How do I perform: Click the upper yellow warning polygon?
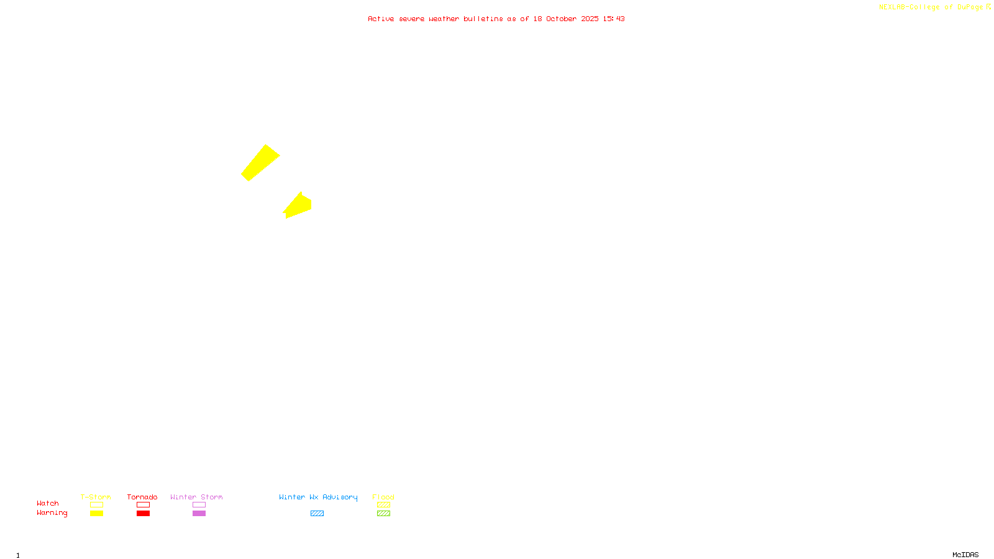tap(260, 163)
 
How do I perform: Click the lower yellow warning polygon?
tap(298, 206)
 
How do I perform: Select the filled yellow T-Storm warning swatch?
tap(96, 514)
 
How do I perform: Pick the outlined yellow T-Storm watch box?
tap(96, 505)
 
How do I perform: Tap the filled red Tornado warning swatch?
tap(144, 514)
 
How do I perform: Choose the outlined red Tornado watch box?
tap(144, 505)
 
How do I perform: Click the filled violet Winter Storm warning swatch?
tap(199, 514)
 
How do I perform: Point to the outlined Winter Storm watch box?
tap(199, 505)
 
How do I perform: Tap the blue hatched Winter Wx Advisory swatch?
tap(317, 514)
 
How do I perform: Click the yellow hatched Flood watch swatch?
tap(383, 505)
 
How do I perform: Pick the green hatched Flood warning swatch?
tap(383, 514)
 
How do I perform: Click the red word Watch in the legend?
tap(48, 504)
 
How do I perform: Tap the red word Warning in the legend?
tap(52, 513)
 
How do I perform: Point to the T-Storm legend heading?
tap(96, 497)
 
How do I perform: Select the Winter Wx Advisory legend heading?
tap(318, 497)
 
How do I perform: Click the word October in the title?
tap(561, 19)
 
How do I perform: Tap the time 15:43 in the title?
tap(614, 19)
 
